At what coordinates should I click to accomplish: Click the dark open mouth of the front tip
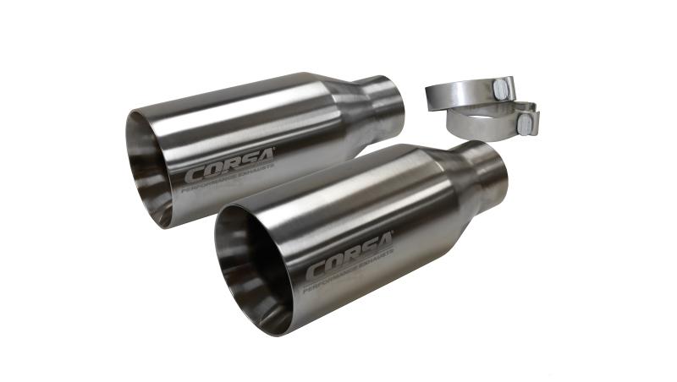click(245, 270)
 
